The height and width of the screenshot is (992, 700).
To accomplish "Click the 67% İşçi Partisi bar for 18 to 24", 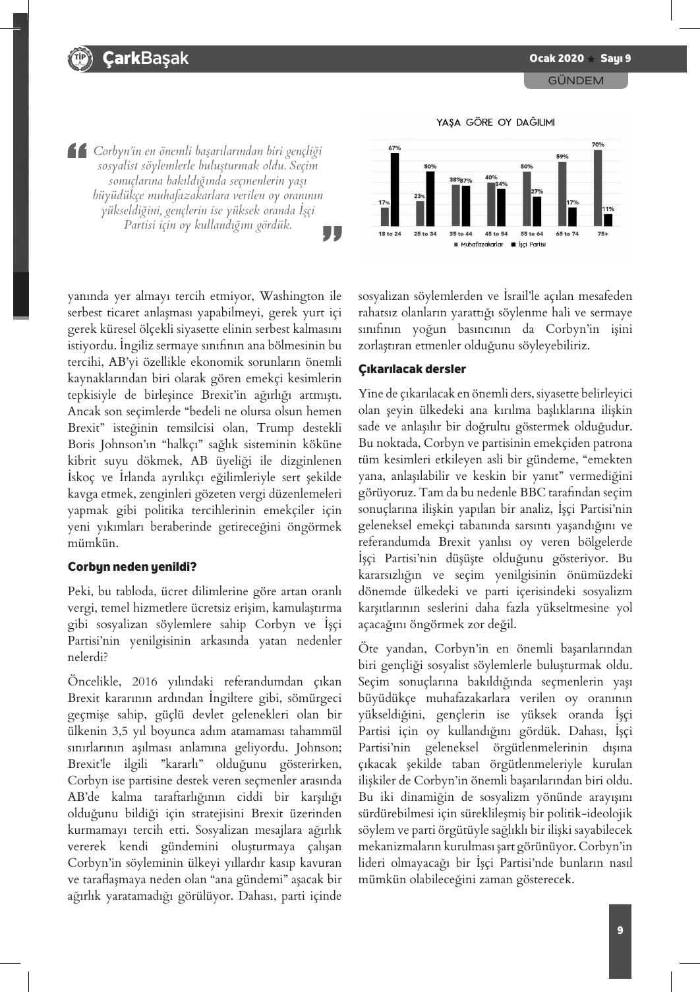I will tap(395, 190).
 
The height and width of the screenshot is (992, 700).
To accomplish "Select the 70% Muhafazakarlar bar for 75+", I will tap(598, 188).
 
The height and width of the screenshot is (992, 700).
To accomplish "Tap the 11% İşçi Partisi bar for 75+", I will tap(608, 220).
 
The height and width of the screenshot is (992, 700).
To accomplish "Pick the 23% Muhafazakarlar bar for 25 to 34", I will tap(420, 214).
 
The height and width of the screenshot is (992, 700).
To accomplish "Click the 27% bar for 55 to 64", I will tap(537, 211).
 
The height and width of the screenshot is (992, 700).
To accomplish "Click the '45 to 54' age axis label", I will tap(496, 234).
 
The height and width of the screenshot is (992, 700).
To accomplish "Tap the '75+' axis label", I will tap(602, 234).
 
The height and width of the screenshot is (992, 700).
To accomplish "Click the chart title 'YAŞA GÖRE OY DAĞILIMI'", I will tap(495, 123).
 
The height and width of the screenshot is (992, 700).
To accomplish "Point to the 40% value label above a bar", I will tap(490, 177).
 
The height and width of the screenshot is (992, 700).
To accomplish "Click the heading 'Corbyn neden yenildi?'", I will tap(132, 567).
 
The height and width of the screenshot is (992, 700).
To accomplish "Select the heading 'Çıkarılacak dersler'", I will tap(412, 369).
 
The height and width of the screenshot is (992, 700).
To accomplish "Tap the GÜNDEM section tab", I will tap(576, 80).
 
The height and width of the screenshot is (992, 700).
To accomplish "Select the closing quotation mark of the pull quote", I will tap(333, 233).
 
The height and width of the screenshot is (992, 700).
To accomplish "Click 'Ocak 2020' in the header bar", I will tap(556, 58).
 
